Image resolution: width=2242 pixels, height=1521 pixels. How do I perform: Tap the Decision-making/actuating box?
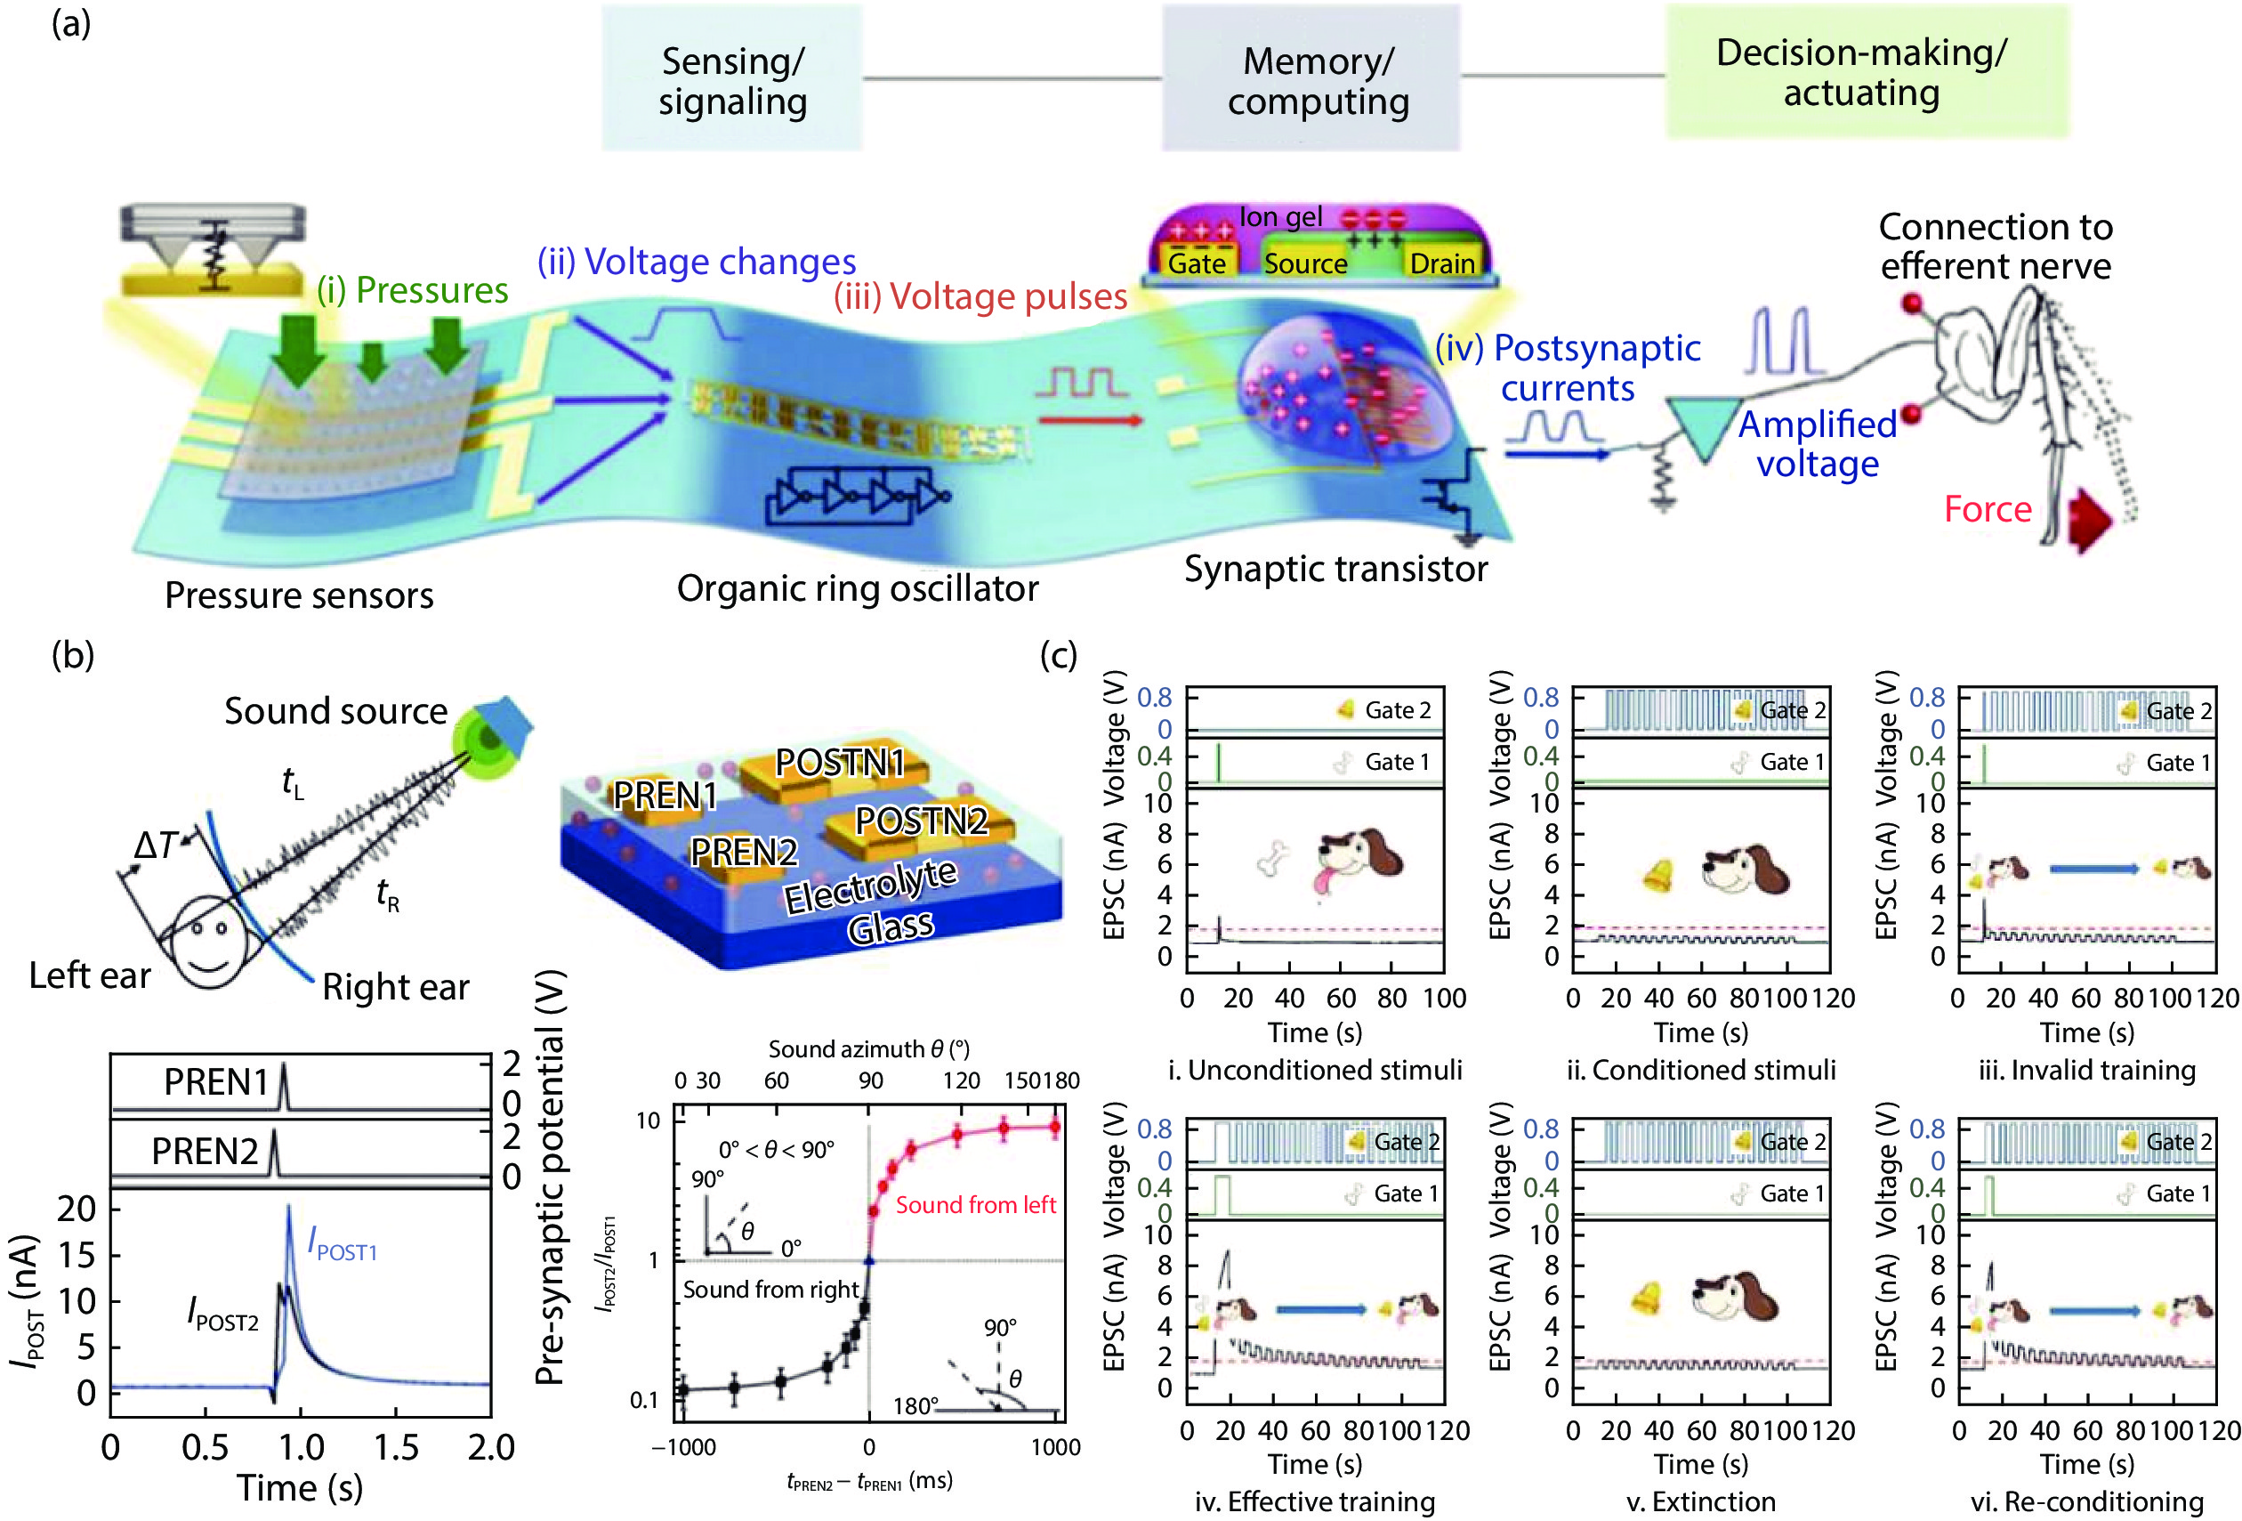(1867, 71)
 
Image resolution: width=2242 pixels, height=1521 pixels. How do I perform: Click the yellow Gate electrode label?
(1197, 263)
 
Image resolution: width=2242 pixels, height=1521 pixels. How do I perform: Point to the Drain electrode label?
(1441, 263)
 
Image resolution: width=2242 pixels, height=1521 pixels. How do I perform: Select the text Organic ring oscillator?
(857, 587)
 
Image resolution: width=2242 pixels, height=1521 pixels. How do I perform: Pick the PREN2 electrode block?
(743, 854)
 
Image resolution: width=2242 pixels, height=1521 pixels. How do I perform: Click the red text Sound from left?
(975, 1204)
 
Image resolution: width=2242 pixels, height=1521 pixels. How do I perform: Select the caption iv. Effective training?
(1314, 1501)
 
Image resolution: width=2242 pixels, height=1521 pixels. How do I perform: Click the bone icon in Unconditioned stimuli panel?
(1273, 858)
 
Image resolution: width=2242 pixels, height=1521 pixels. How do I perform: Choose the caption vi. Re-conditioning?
(2086, 1501)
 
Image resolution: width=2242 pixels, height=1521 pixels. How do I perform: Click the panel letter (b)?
(72, 654)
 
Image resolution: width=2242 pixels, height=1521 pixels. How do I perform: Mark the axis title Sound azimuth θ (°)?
(868, 1049)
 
